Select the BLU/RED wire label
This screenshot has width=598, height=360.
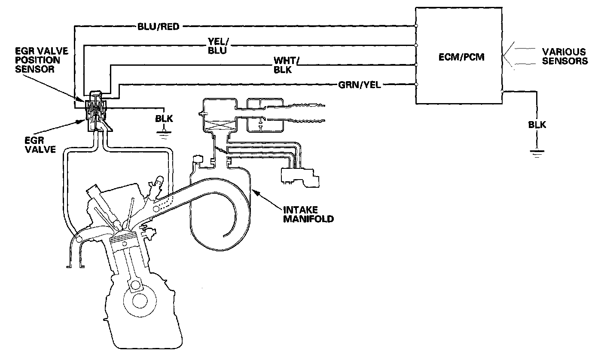click(158, 27)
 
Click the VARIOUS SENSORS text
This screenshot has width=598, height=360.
click(564, 56)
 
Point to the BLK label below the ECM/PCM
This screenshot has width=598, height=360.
click(537, 125)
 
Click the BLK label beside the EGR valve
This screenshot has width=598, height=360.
click(164, 119)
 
